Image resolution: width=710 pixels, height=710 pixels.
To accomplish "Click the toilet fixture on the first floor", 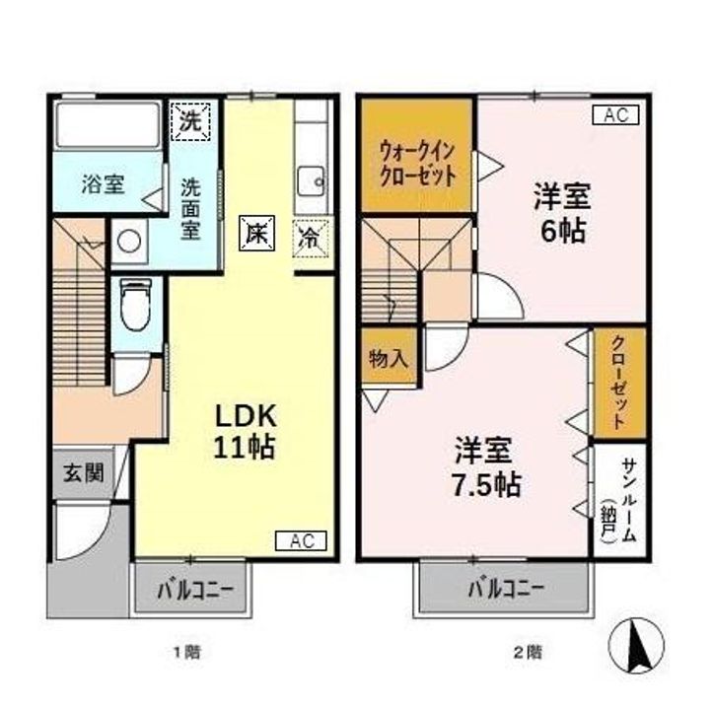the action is (136, 305).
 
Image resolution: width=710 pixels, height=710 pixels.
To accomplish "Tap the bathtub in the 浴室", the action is (107, 124).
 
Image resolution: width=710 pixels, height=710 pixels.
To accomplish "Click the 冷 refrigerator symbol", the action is (311, 239).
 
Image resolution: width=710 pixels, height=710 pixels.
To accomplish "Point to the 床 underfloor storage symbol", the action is (257, 233).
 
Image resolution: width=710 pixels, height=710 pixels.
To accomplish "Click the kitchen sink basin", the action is (311, 181).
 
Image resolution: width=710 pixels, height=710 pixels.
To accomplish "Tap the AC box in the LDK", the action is (301, 540).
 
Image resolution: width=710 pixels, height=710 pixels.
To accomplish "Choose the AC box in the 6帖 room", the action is (615, 114).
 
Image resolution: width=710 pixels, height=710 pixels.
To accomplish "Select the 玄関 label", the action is (84, 473).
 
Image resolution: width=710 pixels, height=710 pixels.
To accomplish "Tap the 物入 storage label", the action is (389, 359).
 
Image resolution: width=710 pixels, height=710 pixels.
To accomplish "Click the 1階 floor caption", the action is (187, 653).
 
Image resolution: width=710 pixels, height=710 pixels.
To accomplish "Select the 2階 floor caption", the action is (528, 653).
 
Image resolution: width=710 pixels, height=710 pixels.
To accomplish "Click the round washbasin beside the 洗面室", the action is (129, 241).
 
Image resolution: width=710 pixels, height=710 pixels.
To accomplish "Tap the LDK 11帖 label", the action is (245, 431).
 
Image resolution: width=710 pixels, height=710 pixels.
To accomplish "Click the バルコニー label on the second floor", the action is (506, 589).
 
